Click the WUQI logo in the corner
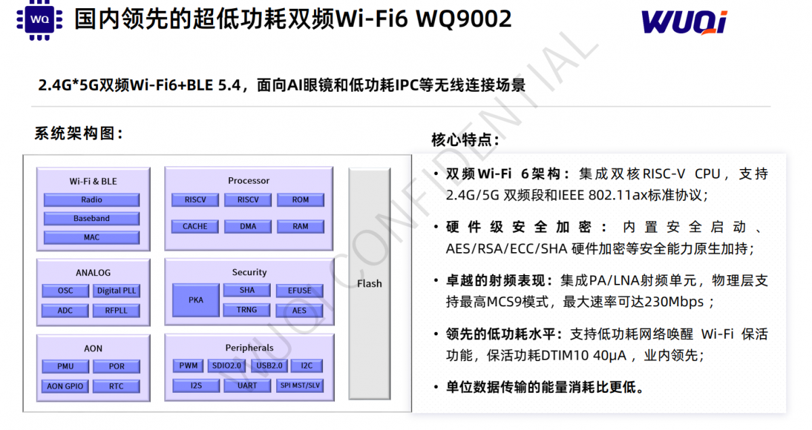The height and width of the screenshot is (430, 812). pyautogui.click(x=684, y=22)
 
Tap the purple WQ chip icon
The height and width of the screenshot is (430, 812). pyautogui.click(x=39, y=20)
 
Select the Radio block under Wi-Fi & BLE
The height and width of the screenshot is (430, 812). pyautogui.click(x=92, y=199)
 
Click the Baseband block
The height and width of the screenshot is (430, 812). pyautogui.click(x=92, y=218)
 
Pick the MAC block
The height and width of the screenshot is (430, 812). pyautogui.click(x=92, y=237)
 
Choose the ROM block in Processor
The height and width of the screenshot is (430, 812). pyautogui.click(x=300, y=199)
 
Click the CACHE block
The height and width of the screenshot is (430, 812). pyautogui.click(x=195, y=226)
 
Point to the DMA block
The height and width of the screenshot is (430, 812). pyautogui.click(x=248, y=226)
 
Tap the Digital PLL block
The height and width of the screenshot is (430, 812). pyautogui.click(x=116, y=291)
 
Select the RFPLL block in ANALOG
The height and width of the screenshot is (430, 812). pyautogui.click(x=116, y=310)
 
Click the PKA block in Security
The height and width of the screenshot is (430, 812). pyautogui.click(x=196, y=300)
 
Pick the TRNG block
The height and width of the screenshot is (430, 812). pyautogui.click(x=247, y=310)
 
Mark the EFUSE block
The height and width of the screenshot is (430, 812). pyautogui.click(x=299, y=291)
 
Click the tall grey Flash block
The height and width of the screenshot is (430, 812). pyautogui.click(x=369, y=284)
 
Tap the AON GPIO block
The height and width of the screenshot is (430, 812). pyautogui.click(x=65, y=386)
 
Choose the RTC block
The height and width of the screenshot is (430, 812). pyautogui.click(x=116, y=386)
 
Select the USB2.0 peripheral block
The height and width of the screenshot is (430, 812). pyautogui.click(x=269, y=366)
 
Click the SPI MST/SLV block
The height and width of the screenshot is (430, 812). pyautogui.click(x=300, y=385)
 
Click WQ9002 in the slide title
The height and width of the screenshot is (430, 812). pyautogui.click(x=464, y=19)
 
